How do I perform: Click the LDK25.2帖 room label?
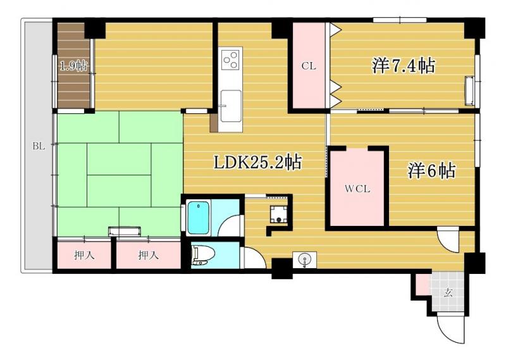coord(258,163)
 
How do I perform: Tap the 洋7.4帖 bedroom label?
coord(404,66)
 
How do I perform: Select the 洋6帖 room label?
coord(432,170)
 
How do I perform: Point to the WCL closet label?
coord(357,189)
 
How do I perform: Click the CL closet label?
coord(309,66)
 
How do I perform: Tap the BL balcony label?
coord(39,146)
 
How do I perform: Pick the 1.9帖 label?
coord(74,66)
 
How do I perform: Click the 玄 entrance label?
coord(448,293)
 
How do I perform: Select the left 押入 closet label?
coord(84,256)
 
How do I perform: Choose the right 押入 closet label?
coord(149,256)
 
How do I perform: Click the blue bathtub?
coord(199,218)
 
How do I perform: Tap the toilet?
coord(201,255)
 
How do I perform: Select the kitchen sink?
coord(230,106)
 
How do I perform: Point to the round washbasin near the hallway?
coord(304,259)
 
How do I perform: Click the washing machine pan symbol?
coord(278,214)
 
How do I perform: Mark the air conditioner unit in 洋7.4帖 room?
coord(469,90)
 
